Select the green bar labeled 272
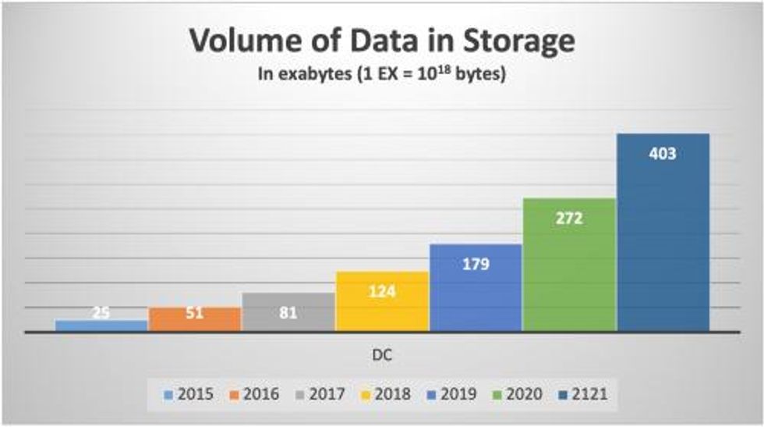pyautogui.click(x=569, y=265)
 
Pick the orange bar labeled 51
pyautogui.click(x=194, y=319)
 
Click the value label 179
pyautogui.click(x=475, y=264)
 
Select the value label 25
pyautogui.click(x=101, y=313)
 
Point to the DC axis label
pyautogui.click(x=381, y=354)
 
